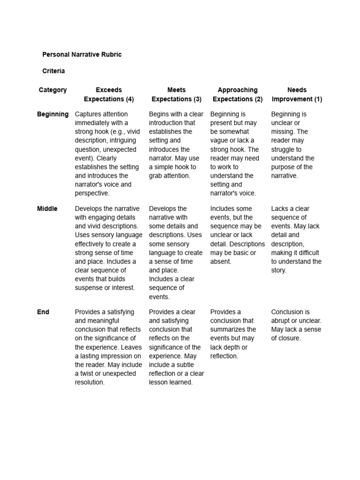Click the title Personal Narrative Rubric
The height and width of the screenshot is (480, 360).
point(82,54)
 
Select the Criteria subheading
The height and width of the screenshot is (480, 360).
point(53,71)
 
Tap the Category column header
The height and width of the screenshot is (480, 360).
point(52,90)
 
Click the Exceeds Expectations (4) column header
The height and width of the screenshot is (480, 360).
point(109,95)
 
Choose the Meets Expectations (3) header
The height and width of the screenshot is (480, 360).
point(176,95)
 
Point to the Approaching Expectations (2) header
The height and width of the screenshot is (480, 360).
point(238,95)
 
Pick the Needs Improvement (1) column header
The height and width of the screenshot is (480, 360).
point(297,95)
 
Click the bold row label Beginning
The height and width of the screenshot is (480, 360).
point(52,114)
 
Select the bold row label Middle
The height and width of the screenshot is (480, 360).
point(47,209)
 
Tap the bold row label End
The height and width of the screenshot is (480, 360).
point(43,312)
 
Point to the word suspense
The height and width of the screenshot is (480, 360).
point(88,288)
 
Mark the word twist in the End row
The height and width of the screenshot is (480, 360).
point(88,374)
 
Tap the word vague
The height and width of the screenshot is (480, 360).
point(219,141)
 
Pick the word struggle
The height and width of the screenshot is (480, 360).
point(283,150)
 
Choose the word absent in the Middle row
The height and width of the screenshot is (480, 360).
point(221,262)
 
